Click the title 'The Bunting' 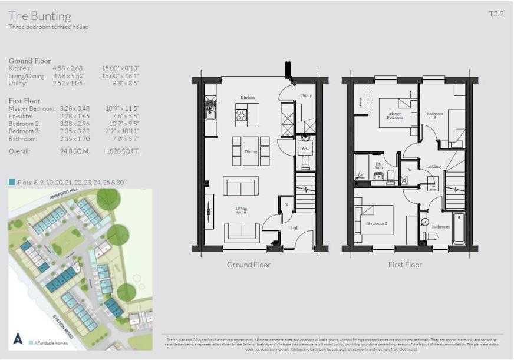39,16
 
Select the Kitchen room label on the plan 248,98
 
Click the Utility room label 306,95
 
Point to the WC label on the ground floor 305,148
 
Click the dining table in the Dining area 251,150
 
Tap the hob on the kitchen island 242,115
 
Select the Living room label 242,210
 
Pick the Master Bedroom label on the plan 395,115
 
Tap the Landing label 433,167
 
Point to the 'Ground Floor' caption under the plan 249,265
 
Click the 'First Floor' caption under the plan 405,265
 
